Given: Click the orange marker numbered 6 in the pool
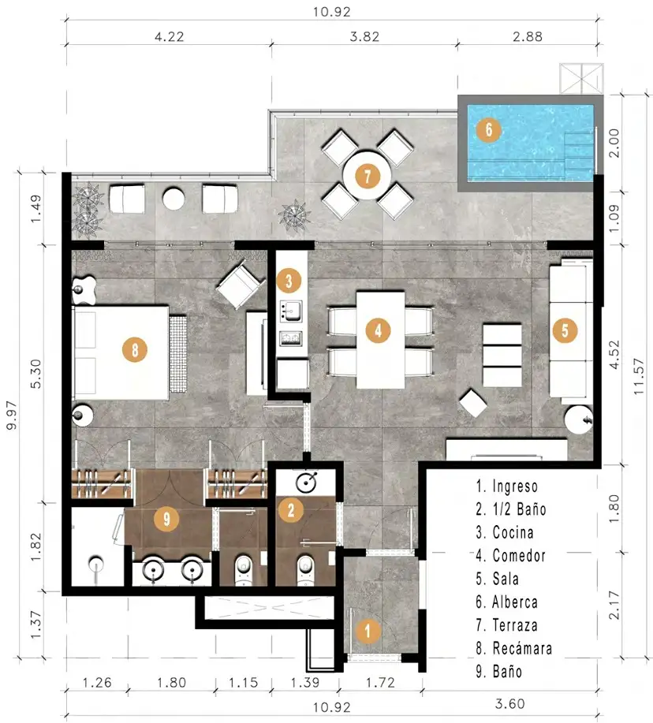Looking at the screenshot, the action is [x=488, y=129].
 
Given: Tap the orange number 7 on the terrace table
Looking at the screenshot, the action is [x=367, y=176].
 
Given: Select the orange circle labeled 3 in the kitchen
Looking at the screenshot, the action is [x=289, y=281].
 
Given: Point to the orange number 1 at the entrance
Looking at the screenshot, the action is [x=368, y=631].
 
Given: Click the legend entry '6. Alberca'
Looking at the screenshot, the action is [x=507, y=602].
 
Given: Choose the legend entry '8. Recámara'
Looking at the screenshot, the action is [x=513, y=648].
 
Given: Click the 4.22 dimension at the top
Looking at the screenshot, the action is [x=170, y=36].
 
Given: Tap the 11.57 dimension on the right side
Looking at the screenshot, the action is [x=638, y=376].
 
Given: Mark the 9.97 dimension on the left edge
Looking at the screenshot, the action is [x=12, y=415].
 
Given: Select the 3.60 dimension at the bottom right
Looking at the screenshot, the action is [x=510, y=703].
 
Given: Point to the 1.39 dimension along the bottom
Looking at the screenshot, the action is [x=305, y=682].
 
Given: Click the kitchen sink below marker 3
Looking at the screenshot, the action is [x=291, y=311].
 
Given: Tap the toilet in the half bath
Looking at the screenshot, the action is [x=304, y=569].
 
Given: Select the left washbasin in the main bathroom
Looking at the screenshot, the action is [x=153, y=571].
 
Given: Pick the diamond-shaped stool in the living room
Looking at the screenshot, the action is [x=473, y=403].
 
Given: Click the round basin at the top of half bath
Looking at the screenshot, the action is [x=306, y=483].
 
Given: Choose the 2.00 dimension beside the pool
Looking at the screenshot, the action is [x=614, y=143].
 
